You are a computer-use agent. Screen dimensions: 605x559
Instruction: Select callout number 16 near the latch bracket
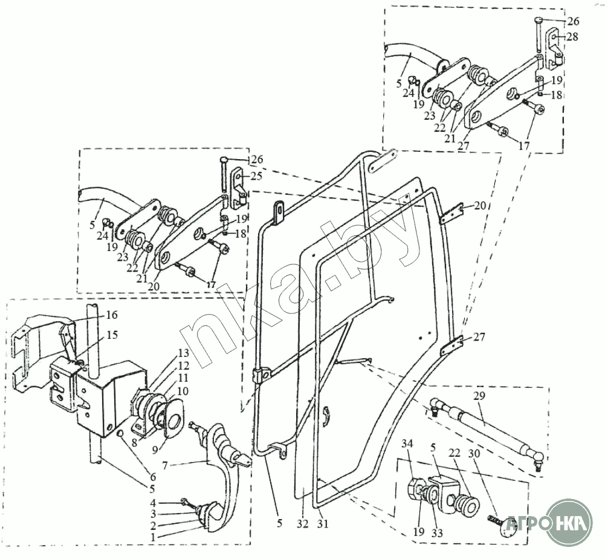click(111, 315)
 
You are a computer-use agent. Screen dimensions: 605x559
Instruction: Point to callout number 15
click(111, 335)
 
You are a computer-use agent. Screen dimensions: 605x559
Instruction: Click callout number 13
click(183, 353)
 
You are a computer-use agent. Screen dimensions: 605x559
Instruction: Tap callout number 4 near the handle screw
click(153, 504)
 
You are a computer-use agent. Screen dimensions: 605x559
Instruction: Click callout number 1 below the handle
click(153, 537)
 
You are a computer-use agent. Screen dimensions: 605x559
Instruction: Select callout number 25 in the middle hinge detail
click(256, 176)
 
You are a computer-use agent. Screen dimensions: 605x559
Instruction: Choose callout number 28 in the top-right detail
click(572, 37)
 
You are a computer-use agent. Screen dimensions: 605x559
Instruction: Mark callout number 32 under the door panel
click(303, 524)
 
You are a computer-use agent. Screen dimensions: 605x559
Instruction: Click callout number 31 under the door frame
click(323, 524)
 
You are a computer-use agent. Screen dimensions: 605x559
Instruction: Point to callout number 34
click(407, 444)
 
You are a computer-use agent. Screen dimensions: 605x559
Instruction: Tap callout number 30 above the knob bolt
click(474, 454)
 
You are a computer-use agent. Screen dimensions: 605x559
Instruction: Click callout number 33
click(437, 533)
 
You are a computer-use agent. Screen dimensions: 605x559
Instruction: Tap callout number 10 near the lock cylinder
click(183, 391)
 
